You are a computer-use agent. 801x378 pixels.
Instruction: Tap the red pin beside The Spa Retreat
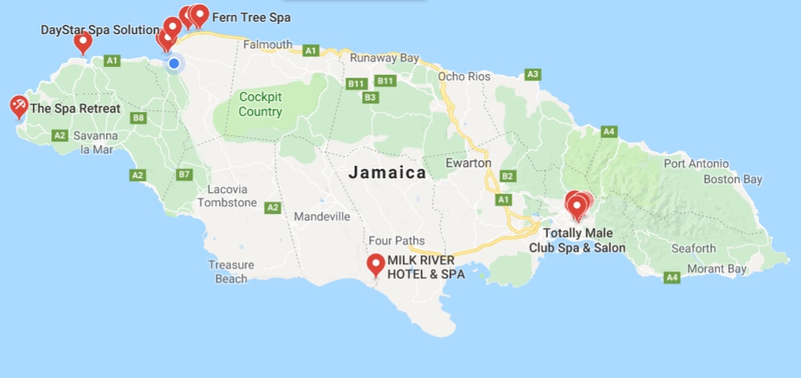click(19, 106)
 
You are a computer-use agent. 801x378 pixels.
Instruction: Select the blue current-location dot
click(174, 63)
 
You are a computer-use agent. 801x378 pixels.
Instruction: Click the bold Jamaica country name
click(387, 173)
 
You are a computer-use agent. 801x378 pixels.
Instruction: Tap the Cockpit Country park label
click(261, 104)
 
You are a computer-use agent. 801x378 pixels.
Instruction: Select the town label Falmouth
click(268, 44)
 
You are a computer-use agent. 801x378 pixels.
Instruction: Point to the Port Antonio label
click(696, 163)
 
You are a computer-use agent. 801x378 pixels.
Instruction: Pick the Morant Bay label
click(715, 269)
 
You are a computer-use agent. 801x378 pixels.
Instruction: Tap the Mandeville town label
click(321, 217)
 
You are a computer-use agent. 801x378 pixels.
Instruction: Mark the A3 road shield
click(532, 75)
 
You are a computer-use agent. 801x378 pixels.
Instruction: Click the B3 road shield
click(371, 97)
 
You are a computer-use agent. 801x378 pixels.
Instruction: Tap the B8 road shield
click(139, 118)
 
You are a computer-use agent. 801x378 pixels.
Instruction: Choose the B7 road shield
click(184, 174)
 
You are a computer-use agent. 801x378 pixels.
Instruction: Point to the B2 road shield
click(508, 176)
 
